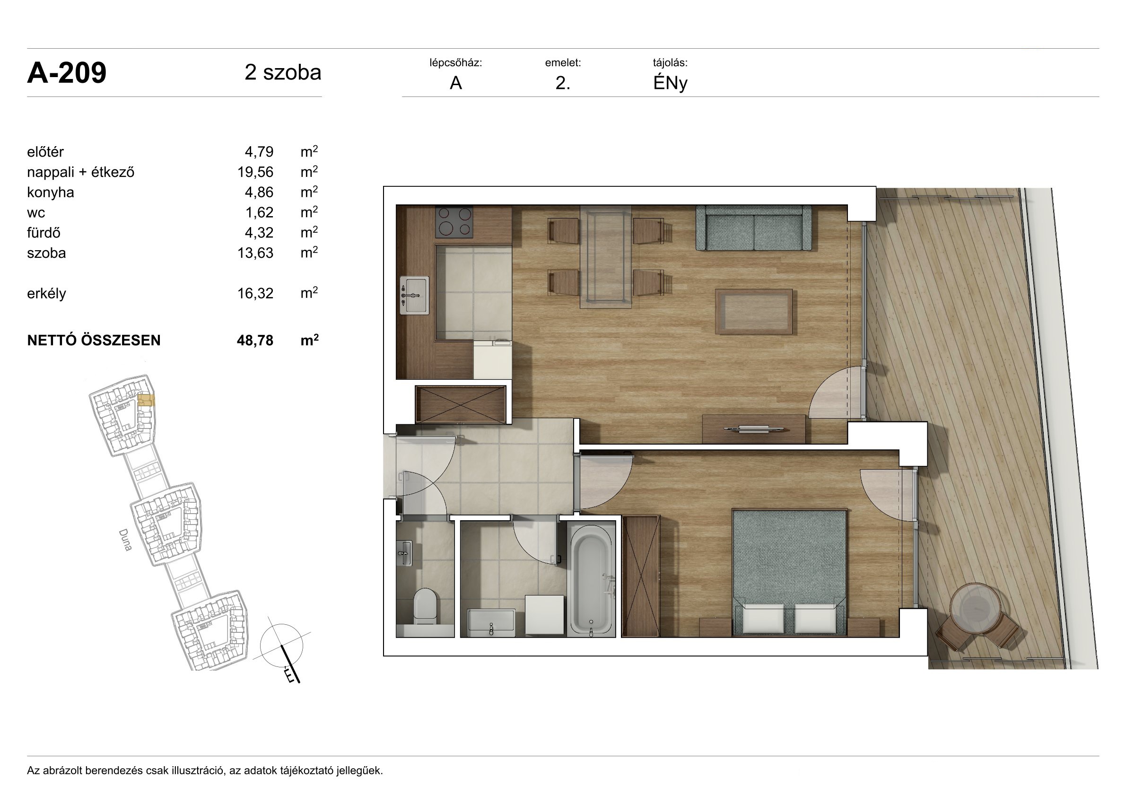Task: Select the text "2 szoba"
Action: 283,72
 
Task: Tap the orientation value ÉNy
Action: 670,83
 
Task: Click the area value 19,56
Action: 255,172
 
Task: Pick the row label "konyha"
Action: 51,192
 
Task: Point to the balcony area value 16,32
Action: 255,293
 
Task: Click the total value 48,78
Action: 255,341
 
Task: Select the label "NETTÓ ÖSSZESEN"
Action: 94,341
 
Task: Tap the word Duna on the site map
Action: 125,540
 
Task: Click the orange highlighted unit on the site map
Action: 146,401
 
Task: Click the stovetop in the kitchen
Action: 454,222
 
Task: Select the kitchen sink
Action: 414,295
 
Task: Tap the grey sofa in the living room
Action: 753,228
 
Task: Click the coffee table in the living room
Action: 754,312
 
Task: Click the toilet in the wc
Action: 425,607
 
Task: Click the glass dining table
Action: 606,257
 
